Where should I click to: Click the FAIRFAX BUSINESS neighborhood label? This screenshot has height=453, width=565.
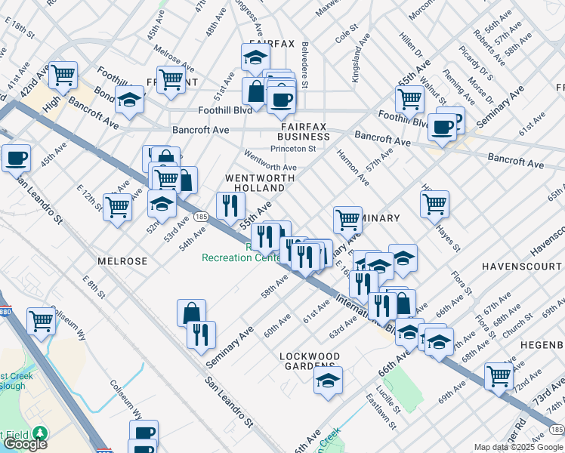click(x=303, y=131)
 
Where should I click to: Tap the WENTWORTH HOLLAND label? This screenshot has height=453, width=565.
click(x=258, y=182)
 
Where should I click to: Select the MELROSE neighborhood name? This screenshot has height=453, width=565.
click(x=122, y=260)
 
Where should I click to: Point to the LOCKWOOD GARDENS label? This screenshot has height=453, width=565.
click(x=310, y=361)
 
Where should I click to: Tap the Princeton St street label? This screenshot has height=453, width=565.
click(x=295, y=149)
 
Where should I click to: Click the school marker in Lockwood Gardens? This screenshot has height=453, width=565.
click(x=328, y=381)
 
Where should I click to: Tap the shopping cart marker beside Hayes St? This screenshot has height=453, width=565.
click(x=434, y=202)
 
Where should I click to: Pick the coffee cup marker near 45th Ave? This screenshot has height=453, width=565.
click(x=16, y=159)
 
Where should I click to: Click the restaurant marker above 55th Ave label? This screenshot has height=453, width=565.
click(x=230, y=204)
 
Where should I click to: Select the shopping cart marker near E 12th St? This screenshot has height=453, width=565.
click(x=117, y=206)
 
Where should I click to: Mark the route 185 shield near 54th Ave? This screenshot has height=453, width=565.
click(x=200, y=217)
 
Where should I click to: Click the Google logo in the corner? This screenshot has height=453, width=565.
click(x=25, y=444)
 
